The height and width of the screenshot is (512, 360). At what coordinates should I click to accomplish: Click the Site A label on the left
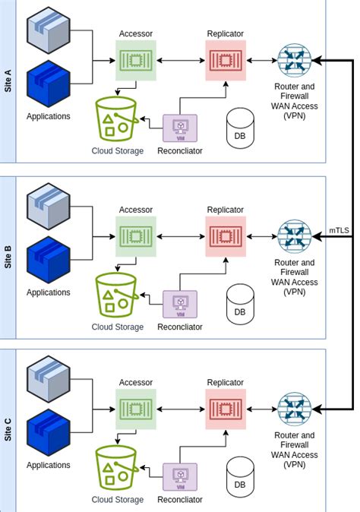click(8, 79)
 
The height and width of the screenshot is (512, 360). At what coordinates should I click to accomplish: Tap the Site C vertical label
click(8, 428)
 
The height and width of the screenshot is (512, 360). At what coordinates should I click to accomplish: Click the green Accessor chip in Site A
click(136, 60)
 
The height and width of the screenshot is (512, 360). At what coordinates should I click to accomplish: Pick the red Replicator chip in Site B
click(226, 235)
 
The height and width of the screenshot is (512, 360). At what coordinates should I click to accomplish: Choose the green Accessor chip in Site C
click(136, 409)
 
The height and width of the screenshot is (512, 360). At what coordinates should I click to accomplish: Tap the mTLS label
click(339, 229)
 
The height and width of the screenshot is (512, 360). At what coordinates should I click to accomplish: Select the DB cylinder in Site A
click(240, 128)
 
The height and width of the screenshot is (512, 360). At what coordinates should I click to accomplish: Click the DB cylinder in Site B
click(240, 302)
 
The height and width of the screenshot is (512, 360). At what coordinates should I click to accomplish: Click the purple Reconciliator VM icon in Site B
click(180, 302)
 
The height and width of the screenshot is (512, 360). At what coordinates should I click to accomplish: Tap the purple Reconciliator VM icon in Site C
click(180, 477)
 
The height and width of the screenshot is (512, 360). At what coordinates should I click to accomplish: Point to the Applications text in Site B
click(49, 292)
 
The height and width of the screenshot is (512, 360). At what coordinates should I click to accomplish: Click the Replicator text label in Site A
click(226, 34)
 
